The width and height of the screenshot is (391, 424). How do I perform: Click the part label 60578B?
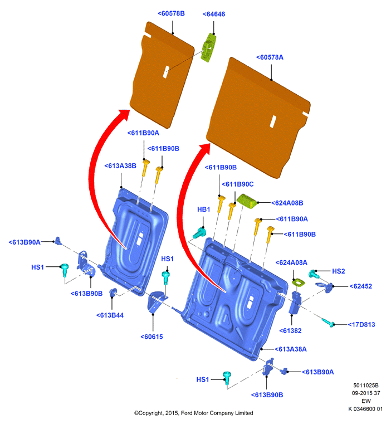[171, 13]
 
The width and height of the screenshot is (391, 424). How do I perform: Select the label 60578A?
[270, 57]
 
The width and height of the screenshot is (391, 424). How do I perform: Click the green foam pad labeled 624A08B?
[247, 201]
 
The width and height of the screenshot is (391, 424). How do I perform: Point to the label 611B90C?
[238, 184]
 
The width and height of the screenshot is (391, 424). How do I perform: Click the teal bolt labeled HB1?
[199, 233]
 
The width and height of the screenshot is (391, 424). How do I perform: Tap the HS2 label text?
[338, 271]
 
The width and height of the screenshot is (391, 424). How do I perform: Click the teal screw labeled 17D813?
[328, 323]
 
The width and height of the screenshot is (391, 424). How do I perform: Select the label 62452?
[361, 286]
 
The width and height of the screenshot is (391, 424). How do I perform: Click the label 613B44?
[110, 315]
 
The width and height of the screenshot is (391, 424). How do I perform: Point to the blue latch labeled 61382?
[295, 303]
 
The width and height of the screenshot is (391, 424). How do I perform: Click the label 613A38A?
[291, 349]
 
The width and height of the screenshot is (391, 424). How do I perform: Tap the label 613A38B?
[120, 166]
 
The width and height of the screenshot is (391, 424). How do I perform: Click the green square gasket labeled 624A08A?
[299, 283]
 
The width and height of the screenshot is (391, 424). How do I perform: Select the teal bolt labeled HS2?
[314, 274]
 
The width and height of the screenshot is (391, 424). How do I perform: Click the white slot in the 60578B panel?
[166, 72]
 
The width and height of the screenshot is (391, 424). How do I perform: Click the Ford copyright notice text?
[194, 413]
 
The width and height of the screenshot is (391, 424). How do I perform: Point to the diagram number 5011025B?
[366, 386]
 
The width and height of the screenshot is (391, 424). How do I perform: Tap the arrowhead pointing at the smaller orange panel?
[124, 114]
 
